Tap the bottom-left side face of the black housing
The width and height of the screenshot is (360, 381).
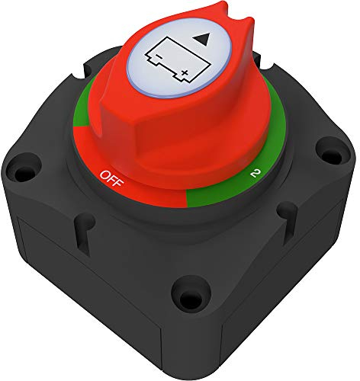click(84, 305)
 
